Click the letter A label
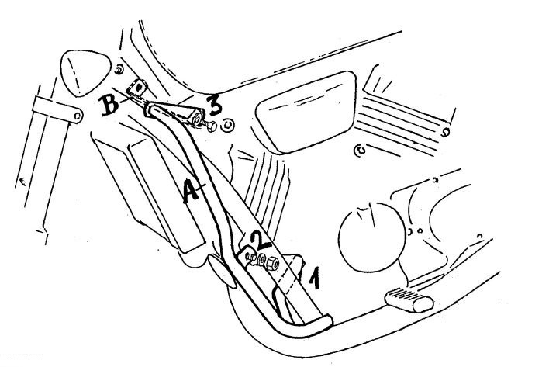(x=192, y=191)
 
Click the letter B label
(x=109, y=104)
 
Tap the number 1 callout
(x=314, y=279)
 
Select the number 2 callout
(x=261, y=240)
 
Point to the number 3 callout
(x=215, y=105)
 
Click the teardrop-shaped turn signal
(x=85, y=72)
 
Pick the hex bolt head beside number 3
(x=212, y=126)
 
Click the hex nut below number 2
(x=273, y=263)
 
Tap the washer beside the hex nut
(x=261, y=260)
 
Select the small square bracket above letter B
(x=137, y=88)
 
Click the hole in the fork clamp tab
(x=78, y=115)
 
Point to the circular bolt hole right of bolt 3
(x=227, y=125)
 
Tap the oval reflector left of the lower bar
(x=222, y=271)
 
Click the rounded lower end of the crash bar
(x=326, y=321)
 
